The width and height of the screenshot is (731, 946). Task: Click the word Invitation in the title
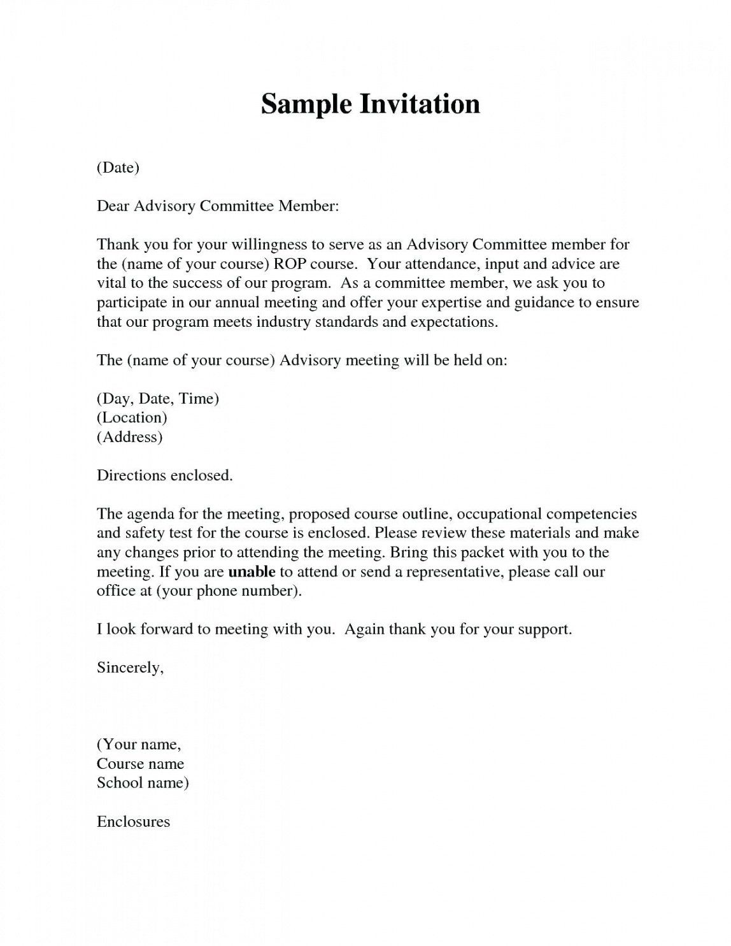click(x=420, y=104)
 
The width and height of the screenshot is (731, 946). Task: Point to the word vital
click(x=111, y=283)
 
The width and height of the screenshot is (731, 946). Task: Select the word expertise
click(x=444, y=303)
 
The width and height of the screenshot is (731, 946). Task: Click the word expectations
click(x=453, y=322)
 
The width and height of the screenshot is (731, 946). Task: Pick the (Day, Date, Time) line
click(x=158, y=399)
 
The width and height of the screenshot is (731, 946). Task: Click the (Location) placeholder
click(x=132, y=418)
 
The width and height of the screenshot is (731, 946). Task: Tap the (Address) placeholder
click(x=129, y=437)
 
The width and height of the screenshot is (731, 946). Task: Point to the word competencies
click(x=592, y=514)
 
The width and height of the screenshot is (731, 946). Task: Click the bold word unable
click(x=252, y=571)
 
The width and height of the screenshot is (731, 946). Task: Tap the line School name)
click(x=143, y=783)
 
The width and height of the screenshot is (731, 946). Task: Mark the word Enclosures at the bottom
click(x=133, y=822)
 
